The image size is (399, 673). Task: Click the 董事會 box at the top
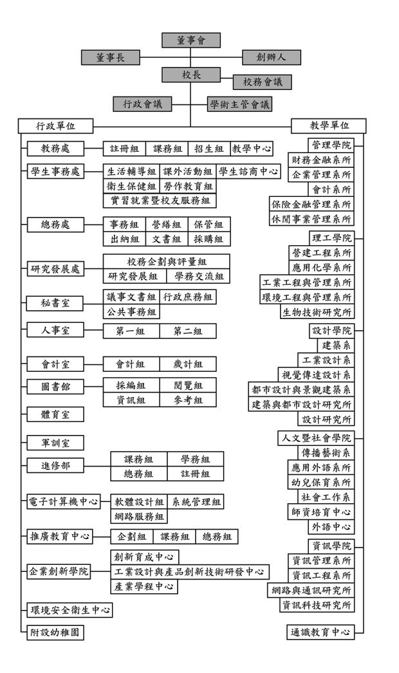pyautogui.click(x=190, y=40)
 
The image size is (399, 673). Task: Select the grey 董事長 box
pyautogui.click(x=111, y=57)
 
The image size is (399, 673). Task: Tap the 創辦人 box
pyautogui.click(x=271, y=57)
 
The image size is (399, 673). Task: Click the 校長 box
pyautogui.click(x=190, y=75)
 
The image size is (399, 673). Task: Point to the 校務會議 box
pyautogui.click(x=262, y=82)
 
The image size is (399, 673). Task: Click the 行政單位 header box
pyautogui.click(x=56, y=125)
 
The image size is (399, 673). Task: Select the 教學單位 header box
pyautogui.click(x=329, y=125)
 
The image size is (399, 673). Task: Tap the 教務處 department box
pyautogui.click(x=56, y=149)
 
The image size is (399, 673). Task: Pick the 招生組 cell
pyautogui.click(x=210, y=149)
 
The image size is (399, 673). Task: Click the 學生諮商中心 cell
pyautogui.click(x=248, y=171)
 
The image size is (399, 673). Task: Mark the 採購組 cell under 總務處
pyautogui.click(x=210, y=239)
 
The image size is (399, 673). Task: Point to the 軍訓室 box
pyautogui.click(x=56, y=443)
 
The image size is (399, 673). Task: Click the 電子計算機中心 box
pyautogui.click(x=64, y=501)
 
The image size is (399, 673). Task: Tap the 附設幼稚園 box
pyautogui.click(x=56, y=632)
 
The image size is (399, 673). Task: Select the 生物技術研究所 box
pyautogui.click(x=317, y=312)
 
